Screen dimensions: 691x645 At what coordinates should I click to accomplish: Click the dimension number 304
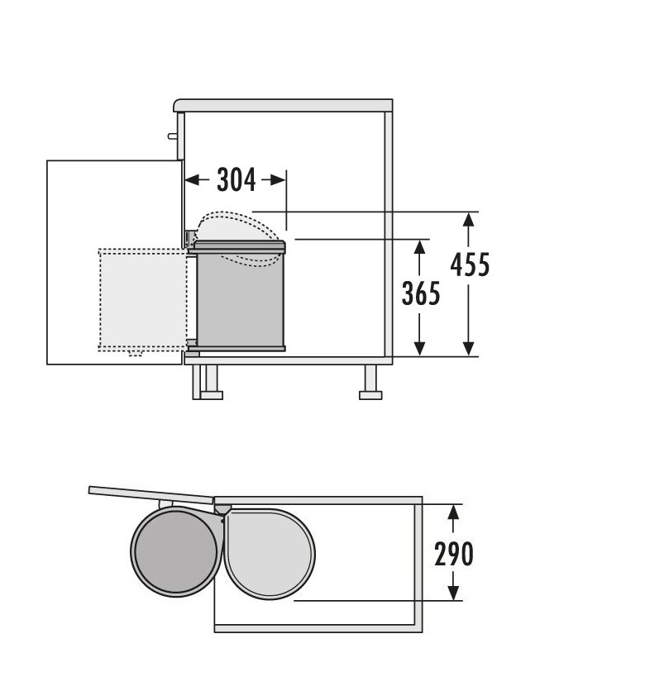click(x=236, y=179)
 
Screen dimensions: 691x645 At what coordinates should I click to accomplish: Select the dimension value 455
click(x=470, y=264)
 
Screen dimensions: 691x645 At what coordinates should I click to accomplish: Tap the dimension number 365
click(x=421, y=293)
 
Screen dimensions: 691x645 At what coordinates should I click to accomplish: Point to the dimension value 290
click(x=454, y=554)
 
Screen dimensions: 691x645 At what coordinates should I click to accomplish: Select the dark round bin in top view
click(x=175, y=552)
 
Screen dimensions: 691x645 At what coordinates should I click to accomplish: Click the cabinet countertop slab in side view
click(x=283, y=106)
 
